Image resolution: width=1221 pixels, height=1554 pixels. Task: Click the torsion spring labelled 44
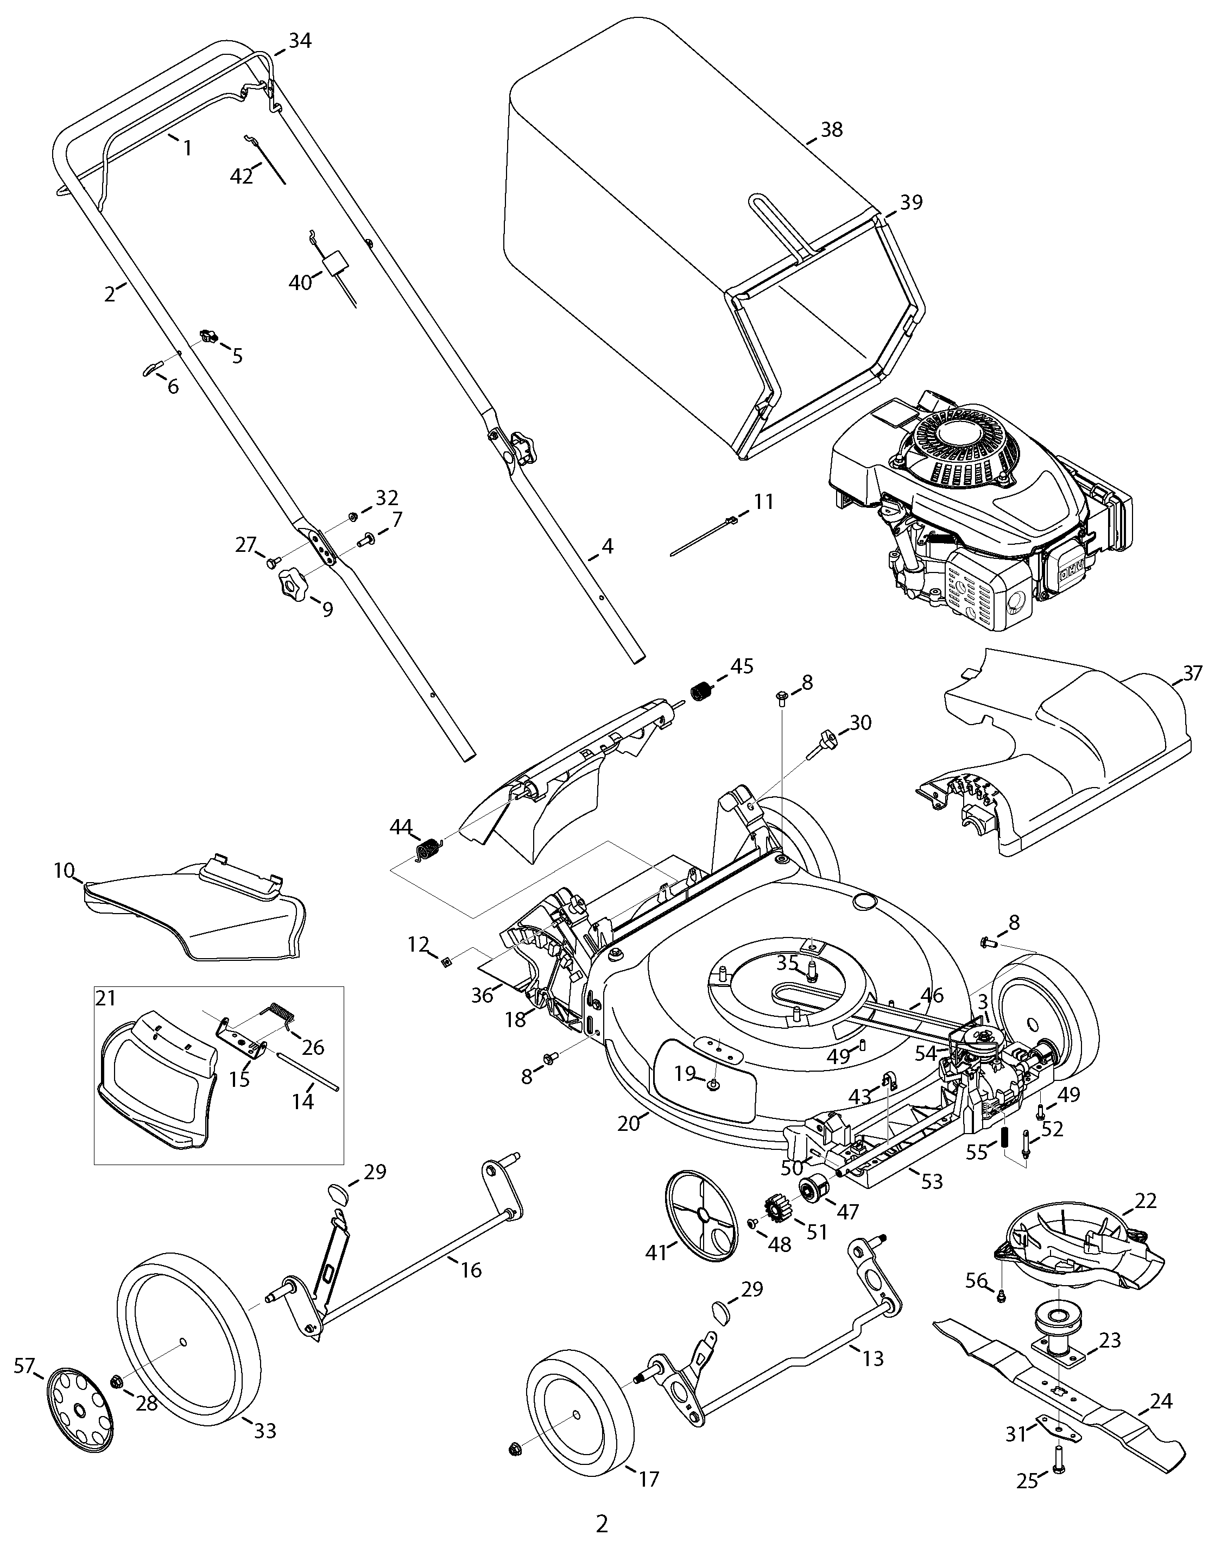click(x=428, y=848)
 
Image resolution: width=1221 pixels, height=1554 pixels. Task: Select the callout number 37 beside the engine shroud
click(x=1192, y=673)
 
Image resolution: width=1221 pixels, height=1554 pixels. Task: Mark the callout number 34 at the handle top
click(x=300, y=41)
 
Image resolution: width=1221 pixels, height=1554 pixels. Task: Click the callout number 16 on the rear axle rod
click(x=471, y=1269)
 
